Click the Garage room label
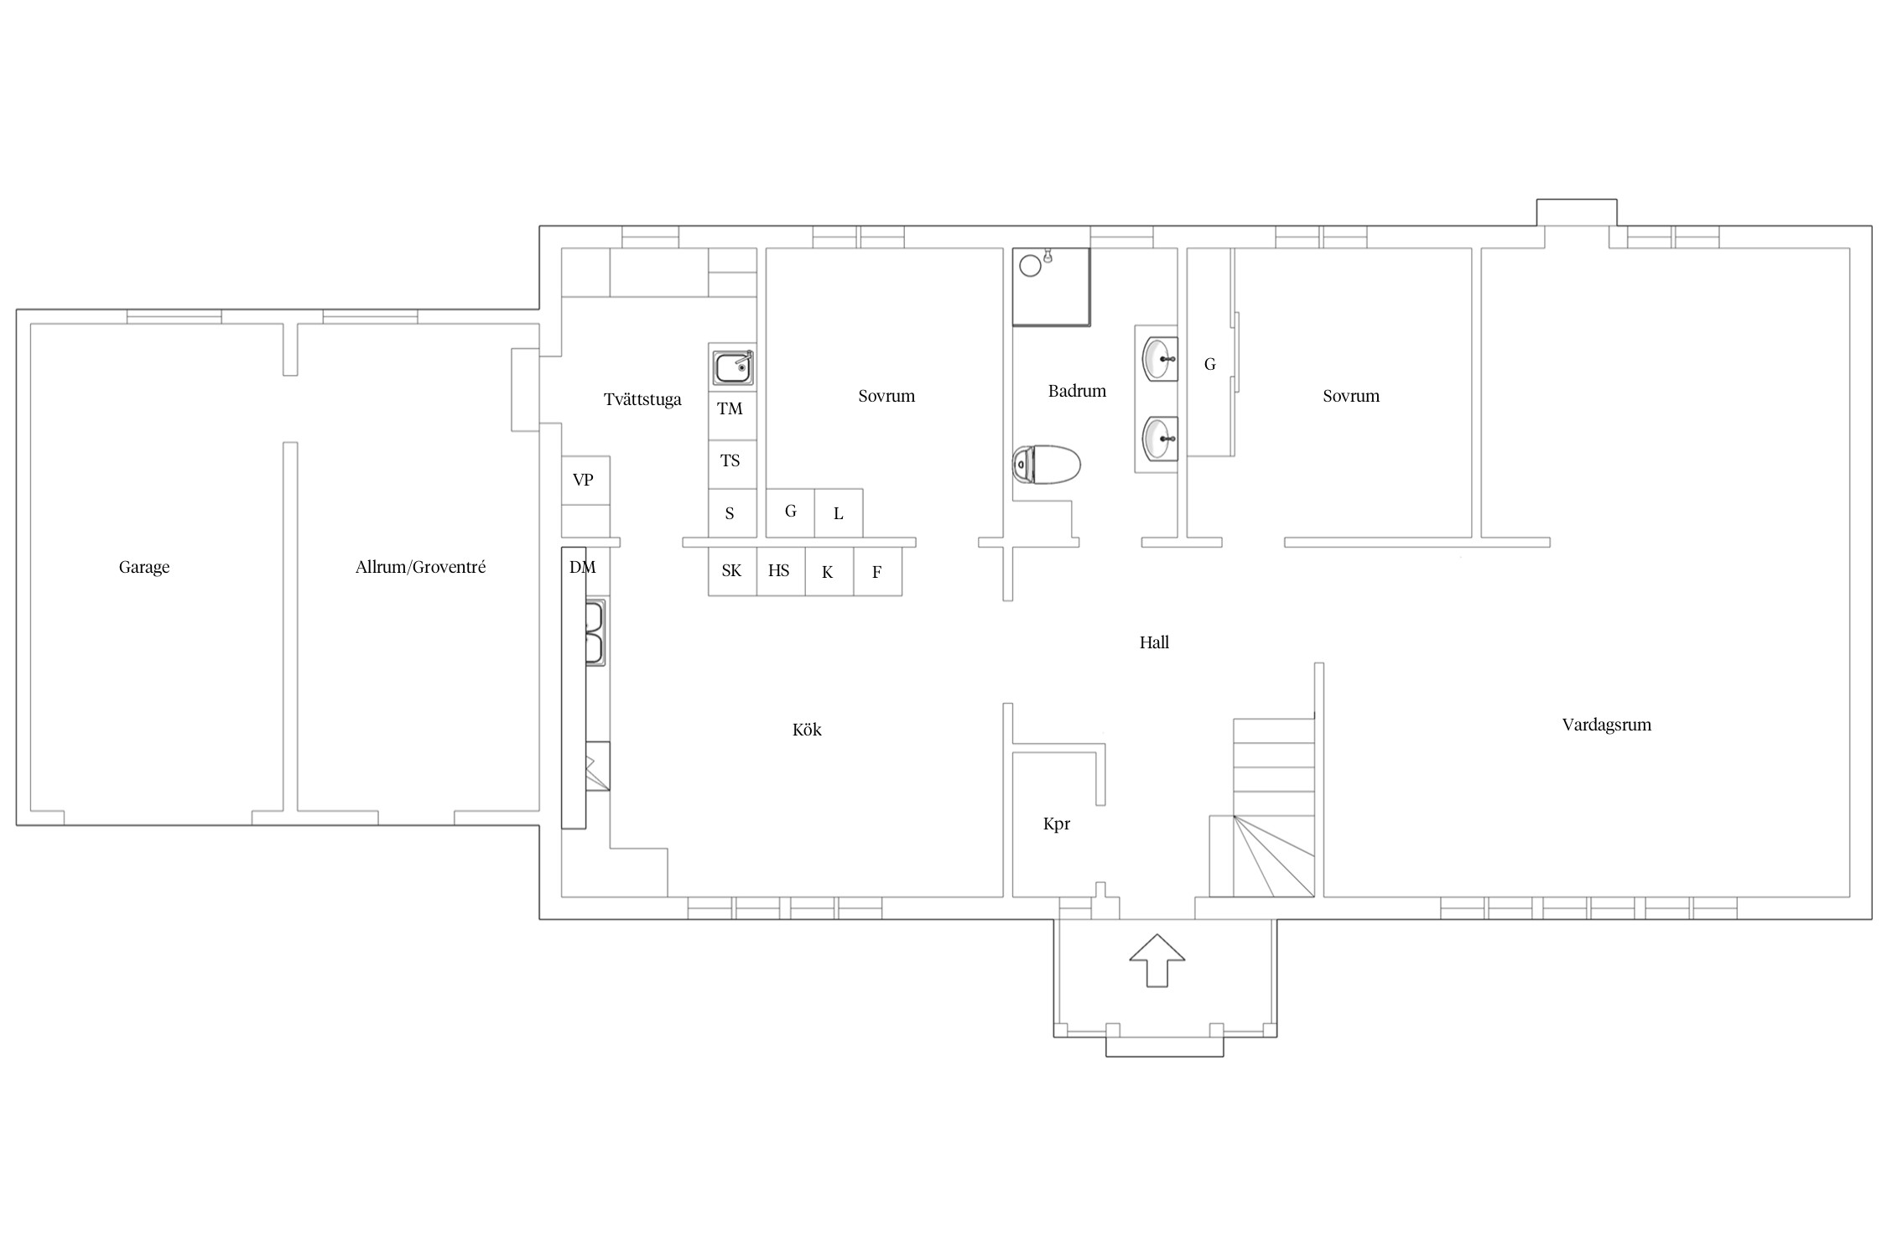click(144, 568)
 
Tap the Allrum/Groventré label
click(420, 567)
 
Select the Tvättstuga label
click(642, 400)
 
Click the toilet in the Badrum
click(1046, 465)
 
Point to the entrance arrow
click(1157, 959)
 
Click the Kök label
click(807, 730)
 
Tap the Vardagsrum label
click(1606, 725)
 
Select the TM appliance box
click(732, 416)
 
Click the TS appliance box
click(732, 465)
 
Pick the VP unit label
click(583, 481)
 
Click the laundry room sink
click(733, 367)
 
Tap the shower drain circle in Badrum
click(1031, 266)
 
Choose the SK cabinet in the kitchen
click(732, 572)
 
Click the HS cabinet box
click(781, 572)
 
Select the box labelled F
click(878, 572)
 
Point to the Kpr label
click(1057, 824)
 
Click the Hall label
click(1154, 642)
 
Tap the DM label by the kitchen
click(583, 568)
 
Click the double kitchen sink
click(595, 632)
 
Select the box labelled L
click(839, 513)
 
